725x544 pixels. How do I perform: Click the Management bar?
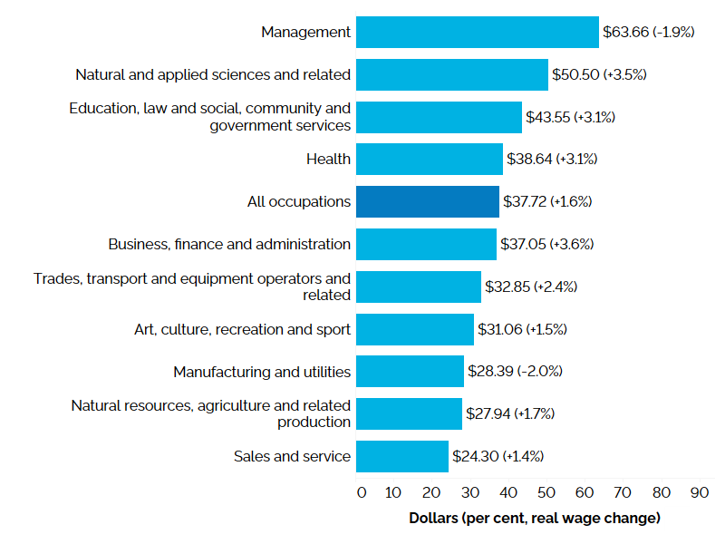[x=477, y=32]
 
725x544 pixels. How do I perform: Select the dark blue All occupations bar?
[x=427, y=201]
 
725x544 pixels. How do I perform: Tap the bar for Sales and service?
[x=401, y=456]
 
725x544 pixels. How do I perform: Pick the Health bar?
[x=429, y=159]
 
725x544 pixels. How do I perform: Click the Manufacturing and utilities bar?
[x=410, y=371]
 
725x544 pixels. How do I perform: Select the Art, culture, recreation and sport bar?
[x=414, y=329]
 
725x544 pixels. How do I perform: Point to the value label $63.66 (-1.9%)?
[x=648, y=32]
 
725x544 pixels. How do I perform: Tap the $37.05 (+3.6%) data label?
[x=546, y=244]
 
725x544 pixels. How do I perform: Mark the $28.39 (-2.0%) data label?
[x=515, y=371]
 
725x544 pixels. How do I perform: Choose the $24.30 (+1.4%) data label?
[x=498, y=456]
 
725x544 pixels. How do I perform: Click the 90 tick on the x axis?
[x=699, y=492]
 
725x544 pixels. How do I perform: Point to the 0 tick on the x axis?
[x=362, y=492]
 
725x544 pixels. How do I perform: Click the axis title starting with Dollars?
[x=535, y=519]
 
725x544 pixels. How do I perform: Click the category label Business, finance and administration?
[x=229, y=244]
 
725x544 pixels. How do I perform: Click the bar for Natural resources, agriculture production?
[x=409, y=413]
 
